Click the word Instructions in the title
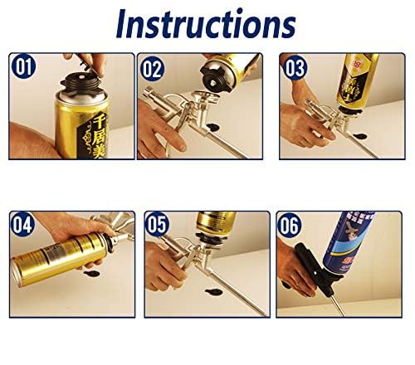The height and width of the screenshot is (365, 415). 206,24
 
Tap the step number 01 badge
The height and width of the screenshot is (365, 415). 22,66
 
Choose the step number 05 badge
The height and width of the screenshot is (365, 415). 156,224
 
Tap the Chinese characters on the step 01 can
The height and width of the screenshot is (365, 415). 90,133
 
